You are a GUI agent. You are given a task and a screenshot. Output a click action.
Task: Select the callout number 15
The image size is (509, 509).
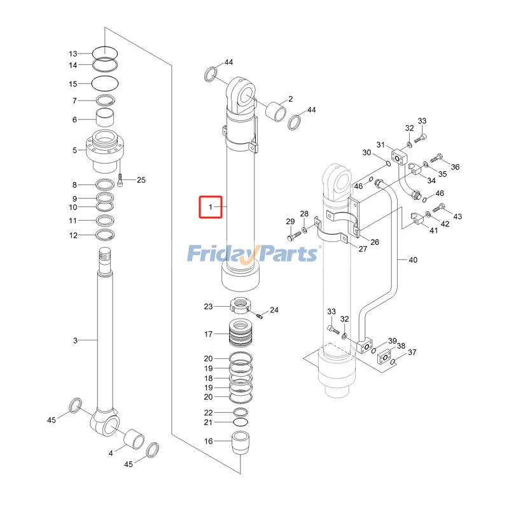coord(73,84)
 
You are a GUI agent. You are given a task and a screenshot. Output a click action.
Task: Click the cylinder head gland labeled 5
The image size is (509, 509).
coord(106,150)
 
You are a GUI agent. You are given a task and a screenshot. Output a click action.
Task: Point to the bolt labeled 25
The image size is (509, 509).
coord(120,180)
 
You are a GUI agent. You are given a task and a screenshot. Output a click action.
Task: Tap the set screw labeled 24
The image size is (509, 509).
coord(260,314)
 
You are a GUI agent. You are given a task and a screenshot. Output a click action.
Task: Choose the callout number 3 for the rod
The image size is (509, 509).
coord(74,341)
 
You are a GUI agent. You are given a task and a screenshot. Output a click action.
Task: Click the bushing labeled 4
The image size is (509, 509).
coord(134,439)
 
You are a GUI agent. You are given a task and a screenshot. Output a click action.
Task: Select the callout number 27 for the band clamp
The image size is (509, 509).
coord(363,249)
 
